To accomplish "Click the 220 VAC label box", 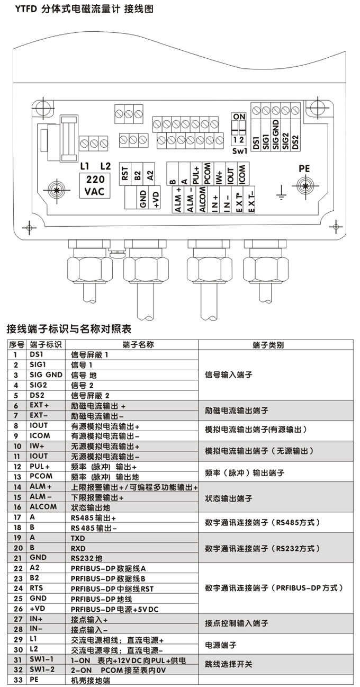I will pyautogui.click(x=95, y=186).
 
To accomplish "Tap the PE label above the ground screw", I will pyautogui.click(x=304, y=168).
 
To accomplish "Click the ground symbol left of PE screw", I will pyautogui.click(x=282, y=194).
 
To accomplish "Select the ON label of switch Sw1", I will pyautogui.click(x=239, y=117).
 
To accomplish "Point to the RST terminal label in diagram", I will pyautogui.click(x=125, y=174).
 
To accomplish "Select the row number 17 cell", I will pyautogui.click(x=16, y=517).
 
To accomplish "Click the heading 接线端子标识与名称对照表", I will pyautogui.click(x=69, y=328).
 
